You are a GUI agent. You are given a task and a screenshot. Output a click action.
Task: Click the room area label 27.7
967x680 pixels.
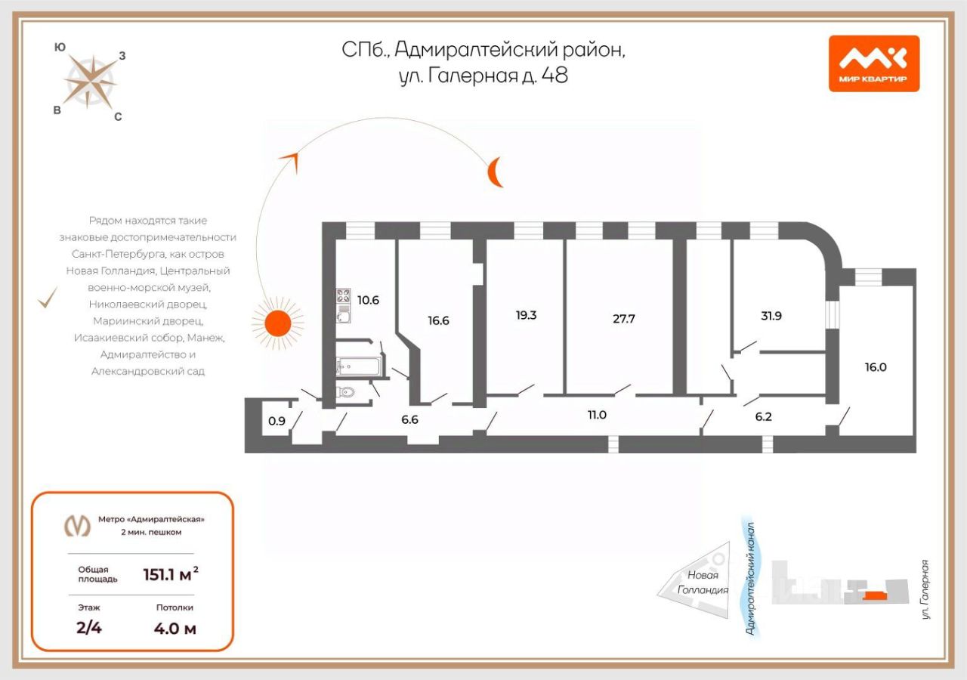pos(623,319)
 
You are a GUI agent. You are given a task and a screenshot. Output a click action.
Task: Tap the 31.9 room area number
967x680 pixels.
pos(771,316)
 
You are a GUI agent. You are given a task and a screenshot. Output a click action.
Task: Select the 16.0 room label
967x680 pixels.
pos(876,368)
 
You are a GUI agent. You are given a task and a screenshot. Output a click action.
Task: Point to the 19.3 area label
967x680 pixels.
pos(526,315)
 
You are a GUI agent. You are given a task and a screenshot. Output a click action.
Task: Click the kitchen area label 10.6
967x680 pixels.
pos(368,300)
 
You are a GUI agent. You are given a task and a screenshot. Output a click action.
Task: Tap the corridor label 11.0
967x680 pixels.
pos(597,414)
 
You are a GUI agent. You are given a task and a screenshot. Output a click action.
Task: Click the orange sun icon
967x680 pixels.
pos(277,323)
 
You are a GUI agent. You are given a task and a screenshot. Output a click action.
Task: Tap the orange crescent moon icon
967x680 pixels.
pos(494,172)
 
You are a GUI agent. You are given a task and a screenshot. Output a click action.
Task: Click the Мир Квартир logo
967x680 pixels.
pos(873,63)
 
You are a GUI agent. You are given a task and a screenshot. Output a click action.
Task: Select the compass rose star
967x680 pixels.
pos(89,80)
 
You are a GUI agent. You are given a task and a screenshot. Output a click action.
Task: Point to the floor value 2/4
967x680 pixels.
pos(89,628)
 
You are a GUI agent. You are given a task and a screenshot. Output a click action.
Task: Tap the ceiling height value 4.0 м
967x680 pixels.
pos(175,628)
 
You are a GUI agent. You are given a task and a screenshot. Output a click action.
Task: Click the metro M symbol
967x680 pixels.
pos(76,525)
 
